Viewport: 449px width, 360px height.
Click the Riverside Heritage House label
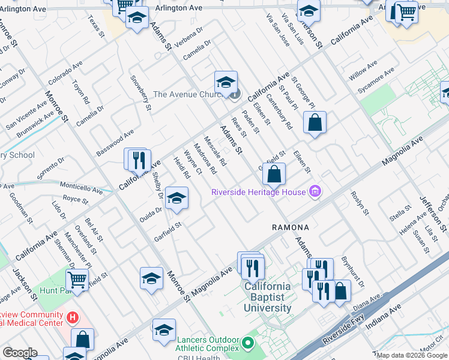coord(258,192)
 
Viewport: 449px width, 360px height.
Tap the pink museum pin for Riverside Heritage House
coord(315,192)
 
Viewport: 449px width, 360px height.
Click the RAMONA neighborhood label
coord(291,227)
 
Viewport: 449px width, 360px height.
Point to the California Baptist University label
coord(268,297)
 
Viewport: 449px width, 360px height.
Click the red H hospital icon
coord(72,317)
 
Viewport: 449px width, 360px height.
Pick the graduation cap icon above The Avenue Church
coord(226,83)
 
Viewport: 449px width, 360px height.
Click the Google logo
coord(20,353)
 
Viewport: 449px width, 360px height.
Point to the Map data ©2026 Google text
coord(412,355)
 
